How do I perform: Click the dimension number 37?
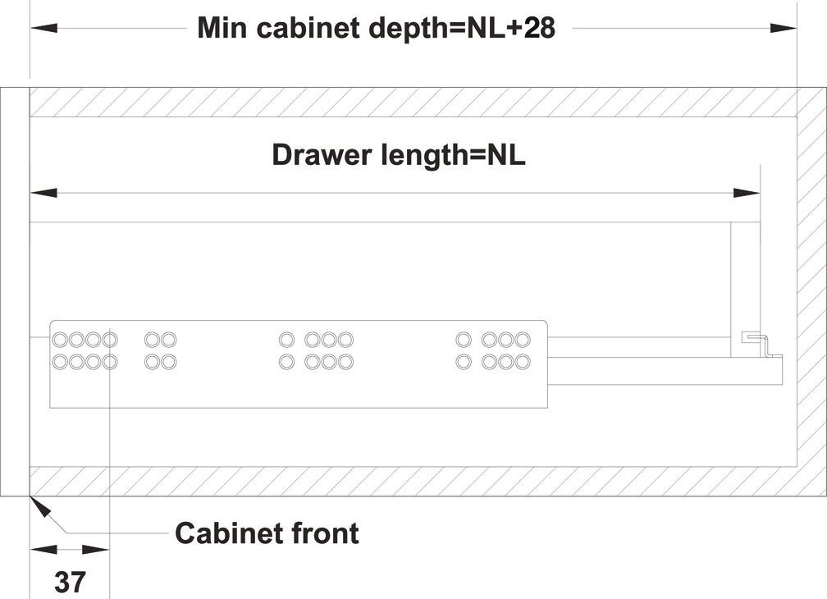pyautogui.click(x=70, y=582)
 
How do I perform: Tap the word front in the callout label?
pyautogui.click(x=322, y=533)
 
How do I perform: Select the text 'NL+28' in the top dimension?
pyautogui.click(x=510, y=27)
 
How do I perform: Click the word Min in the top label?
pyautogui.click(x=222, y=27)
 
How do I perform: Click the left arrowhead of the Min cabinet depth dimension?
pyautogui.click(x=43, y=27)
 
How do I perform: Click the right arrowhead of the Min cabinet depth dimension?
pyautogui.click(x=784, y=27)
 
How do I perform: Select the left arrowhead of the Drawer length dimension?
pyautogui.click(x=43, y=193)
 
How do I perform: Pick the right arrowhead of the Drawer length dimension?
pyautogui.click(x=747, y=193)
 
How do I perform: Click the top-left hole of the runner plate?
pyautogui.click(x=60, y=339)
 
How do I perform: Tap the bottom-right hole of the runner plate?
pyautogui.click(x=523, y=362)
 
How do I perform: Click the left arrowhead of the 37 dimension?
pyautogui.click(x=43, y=550)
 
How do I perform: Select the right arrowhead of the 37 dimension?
pyautogui.click(x=96, y=550)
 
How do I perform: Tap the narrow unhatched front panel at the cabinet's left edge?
pyautogui.click(x=15, y=291)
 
